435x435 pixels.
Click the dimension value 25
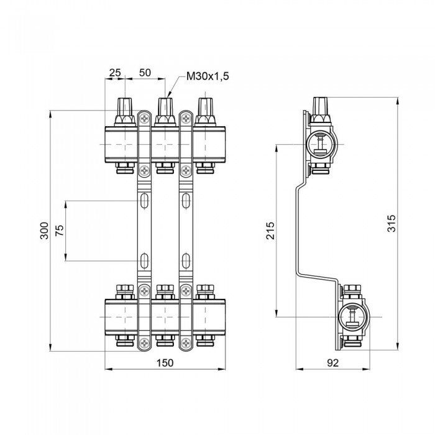click(115, 73)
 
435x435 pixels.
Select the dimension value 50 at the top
click(145, 73)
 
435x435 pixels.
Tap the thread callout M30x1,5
click(208, 76)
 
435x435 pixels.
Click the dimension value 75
click(60, 231)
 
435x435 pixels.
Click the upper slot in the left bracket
click(144, 201)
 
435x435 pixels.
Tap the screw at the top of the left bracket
click(144, 116)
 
